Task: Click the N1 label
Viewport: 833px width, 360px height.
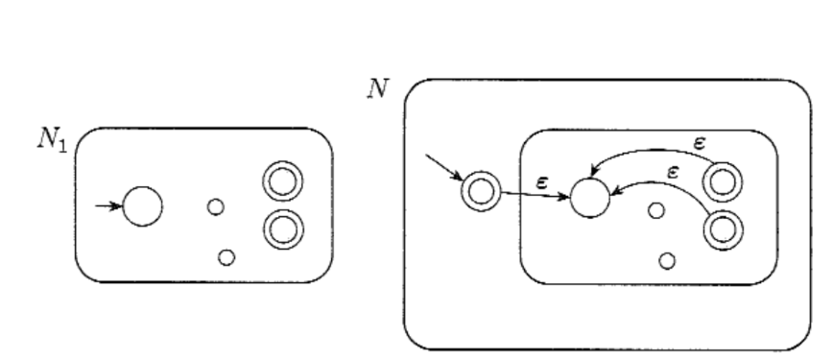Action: [52, 140]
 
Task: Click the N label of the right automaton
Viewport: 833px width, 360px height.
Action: [378, 88]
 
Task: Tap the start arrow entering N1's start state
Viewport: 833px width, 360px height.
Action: [108, 205]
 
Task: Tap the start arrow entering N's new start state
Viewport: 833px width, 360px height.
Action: [444, 167]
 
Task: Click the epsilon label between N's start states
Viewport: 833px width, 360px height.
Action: [541, 182]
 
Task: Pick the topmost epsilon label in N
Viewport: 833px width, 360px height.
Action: [700, 142]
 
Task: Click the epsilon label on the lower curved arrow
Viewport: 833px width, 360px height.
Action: [673, 172]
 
